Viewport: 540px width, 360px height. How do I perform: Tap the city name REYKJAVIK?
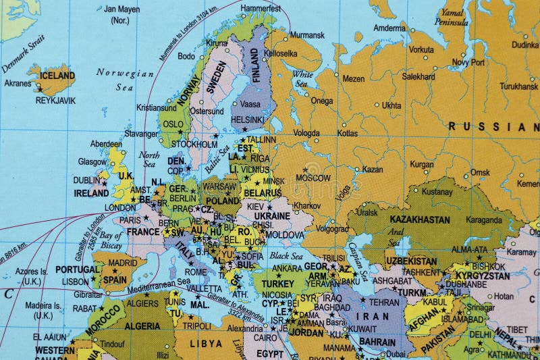(x=55, y=101)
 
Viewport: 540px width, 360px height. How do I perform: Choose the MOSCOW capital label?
(x=313, y=178)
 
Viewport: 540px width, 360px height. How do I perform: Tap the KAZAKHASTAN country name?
(x=418, y=220)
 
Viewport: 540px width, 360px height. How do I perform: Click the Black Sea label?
(x=286, y=255)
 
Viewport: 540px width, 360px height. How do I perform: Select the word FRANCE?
(x=143, y=232)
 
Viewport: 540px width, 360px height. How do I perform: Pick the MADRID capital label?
(x=122, y=263)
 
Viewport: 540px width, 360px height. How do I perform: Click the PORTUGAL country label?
(x=77, y=269)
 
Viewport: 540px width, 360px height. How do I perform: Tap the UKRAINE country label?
(x=271, y=216)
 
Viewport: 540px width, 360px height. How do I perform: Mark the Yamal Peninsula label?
(x=453, y=17)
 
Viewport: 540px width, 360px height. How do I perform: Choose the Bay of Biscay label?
(x=110, y=240)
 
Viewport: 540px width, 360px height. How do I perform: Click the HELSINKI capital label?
(x=247, y=120)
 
